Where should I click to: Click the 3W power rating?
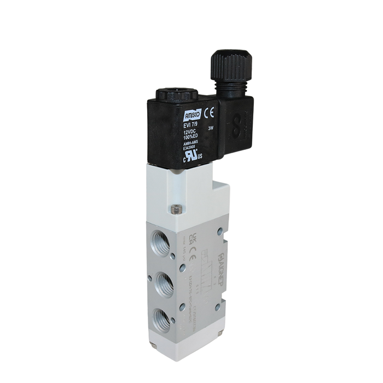coord(210,128)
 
